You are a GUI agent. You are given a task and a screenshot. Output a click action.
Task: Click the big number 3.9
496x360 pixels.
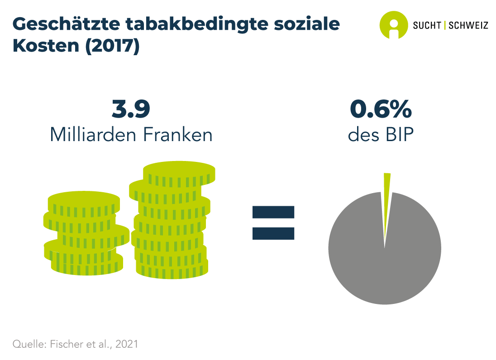pos(131,110)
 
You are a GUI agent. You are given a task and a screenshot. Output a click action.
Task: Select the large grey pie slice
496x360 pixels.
pos(385,262)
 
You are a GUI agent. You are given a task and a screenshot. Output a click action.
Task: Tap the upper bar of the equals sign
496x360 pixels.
pos(273,212)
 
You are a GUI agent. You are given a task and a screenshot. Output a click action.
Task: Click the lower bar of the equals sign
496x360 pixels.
pos(273,232)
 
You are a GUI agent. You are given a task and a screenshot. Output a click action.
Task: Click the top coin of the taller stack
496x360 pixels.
pos(179,171)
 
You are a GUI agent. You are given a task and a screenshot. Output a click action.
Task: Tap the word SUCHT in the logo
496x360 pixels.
pos(427,25)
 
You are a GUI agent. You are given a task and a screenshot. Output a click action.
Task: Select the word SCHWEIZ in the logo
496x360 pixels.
pos(468,25)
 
